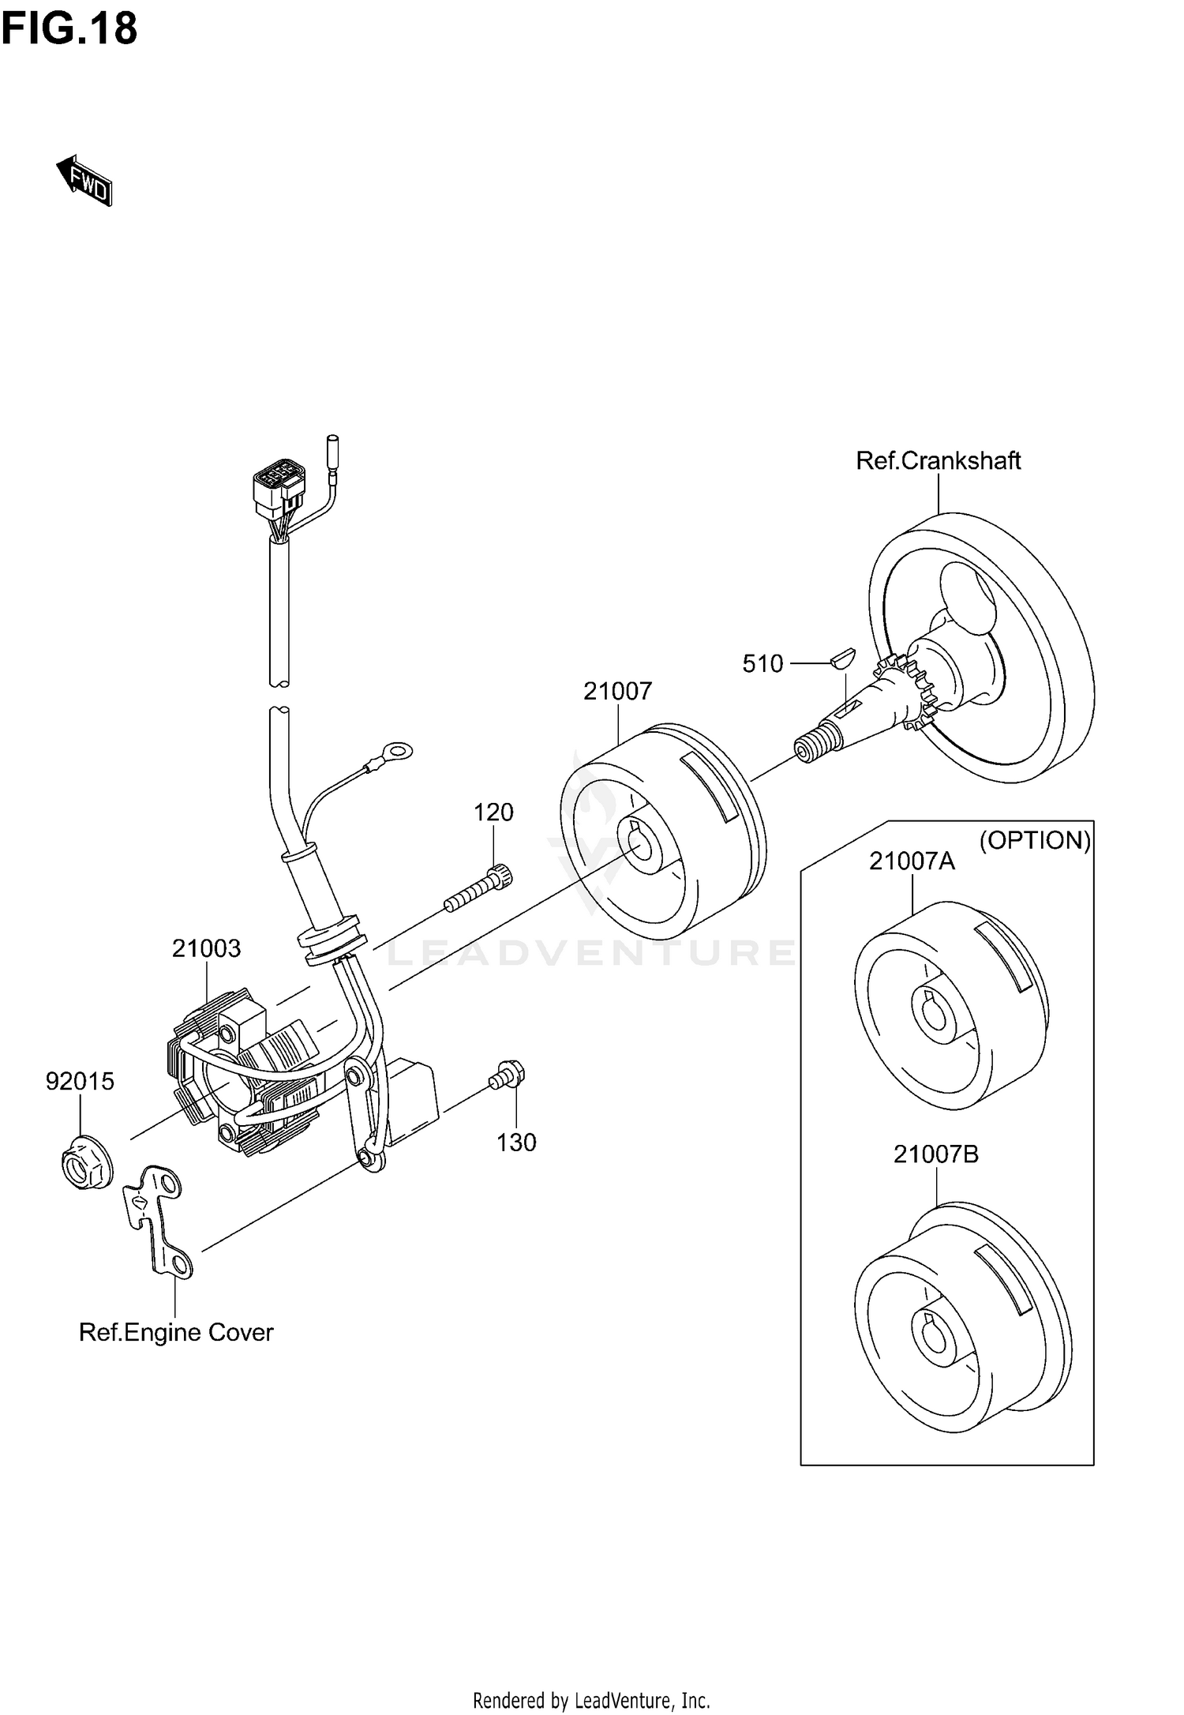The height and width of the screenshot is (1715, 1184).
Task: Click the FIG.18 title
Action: click(69, 29)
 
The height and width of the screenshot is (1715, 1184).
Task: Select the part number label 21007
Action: click(617, 691)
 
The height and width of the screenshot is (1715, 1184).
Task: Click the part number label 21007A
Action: click(912, 861)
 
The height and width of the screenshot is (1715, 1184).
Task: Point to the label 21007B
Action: click(935, 1154)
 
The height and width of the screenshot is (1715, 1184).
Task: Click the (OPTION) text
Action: click(1035, 840)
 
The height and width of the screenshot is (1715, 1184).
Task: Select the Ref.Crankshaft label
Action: click(938, 460)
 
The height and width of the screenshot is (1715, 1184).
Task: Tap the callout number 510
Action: click(762, 663)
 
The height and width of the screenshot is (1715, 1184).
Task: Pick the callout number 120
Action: click(493, 812)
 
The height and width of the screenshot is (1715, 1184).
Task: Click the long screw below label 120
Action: click(478, 889)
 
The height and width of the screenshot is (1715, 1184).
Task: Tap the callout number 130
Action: click(516, 1143)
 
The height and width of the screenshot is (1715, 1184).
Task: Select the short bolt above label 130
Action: click(508, 1075)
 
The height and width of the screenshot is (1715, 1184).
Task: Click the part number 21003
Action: click(206, 948)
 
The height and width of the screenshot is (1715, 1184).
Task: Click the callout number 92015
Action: click(80, 1081)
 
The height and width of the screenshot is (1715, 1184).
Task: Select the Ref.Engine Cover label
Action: click(176, 1332)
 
